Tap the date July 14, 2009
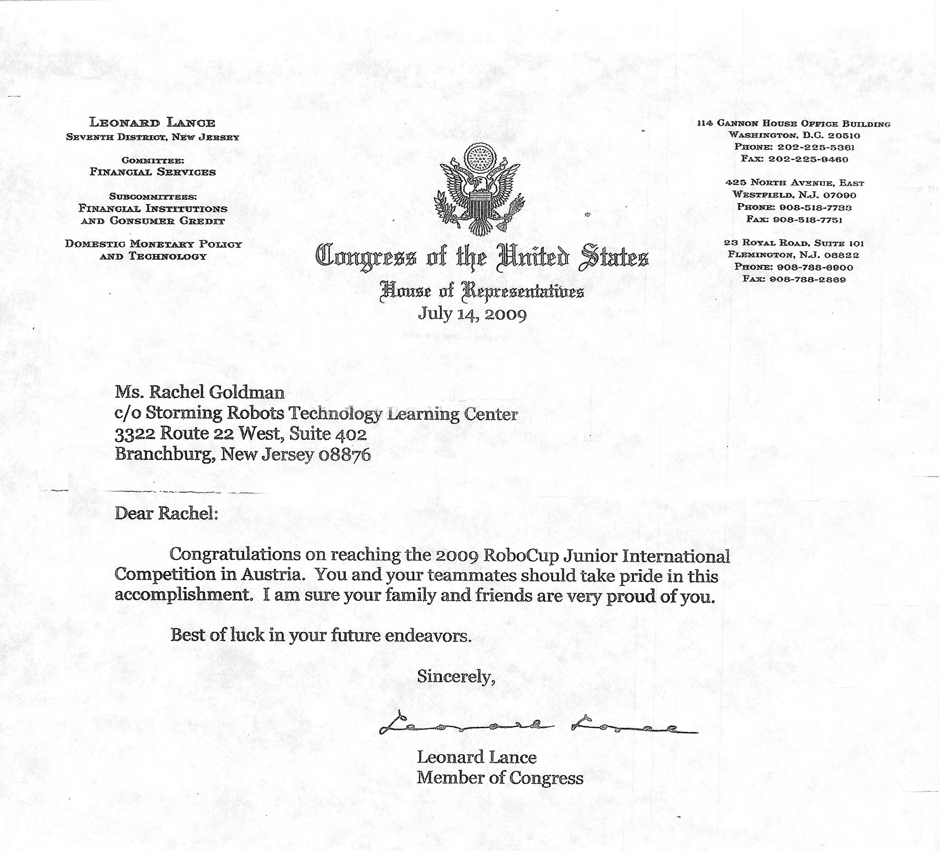click(x=472, y=313)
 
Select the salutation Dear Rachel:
click(x=166, y=513)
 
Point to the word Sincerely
click(x=455, y=676)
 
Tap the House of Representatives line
click(x=482, y=292)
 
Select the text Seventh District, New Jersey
click(x=153, y=137)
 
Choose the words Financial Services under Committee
click(x=153, y=172)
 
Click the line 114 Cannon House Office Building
click(x=794, y=123)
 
